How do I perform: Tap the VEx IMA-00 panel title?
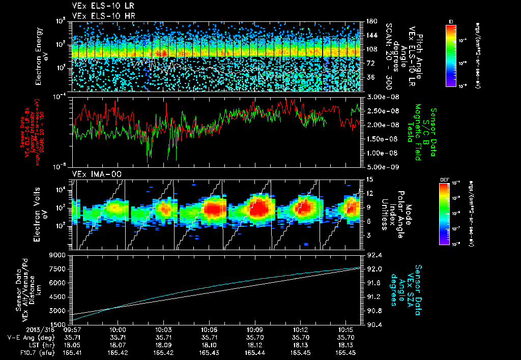point(92,174)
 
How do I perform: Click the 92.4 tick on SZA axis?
point(371,255)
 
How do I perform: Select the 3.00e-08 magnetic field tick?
point(381,97)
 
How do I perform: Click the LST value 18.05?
point(71,344)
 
